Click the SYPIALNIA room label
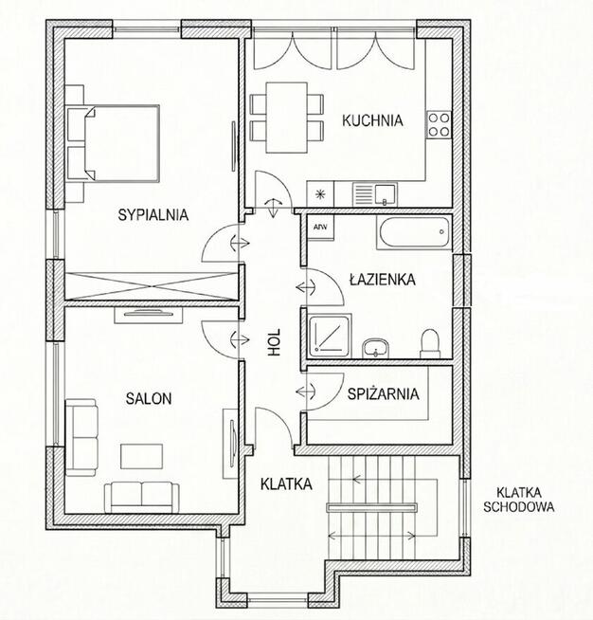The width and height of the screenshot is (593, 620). point(153,214)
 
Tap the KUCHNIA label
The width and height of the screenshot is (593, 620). point(372,120)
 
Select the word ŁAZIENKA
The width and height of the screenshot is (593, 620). point(383,280)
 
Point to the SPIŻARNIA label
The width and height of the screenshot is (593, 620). point(384,393)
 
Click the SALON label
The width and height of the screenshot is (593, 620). point(149,398)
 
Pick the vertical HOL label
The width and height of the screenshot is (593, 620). point(274,342)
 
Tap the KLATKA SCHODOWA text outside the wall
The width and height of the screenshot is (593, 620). point(519,500)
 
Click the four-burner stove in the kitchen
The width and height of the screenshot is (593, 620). point(439,124)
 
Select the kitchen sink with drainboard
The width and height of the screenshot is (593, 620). point(375,194)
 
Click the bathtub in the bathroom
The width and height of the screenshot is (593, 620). point(414,232)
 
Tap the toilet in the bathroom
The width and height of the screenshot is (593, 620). point(430,343)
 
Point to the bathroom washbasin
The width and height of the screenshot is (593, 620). point(375,348)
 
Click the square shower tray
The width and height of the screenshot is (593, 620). point(330,336)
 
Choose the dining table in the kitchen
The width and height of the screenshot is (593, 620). point(286,118)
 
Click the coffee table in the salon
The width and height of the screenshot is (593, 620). point(141,456)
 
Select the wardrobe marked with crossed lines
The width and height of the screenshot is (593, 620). point(152,286)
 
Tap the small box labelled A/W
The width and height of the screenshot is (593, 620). point(320,228)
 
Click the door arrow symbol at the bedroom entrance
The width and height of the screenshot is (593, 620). point(240,243)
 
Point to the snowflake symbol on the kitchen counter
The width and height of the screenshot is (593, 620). point(320,194)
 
